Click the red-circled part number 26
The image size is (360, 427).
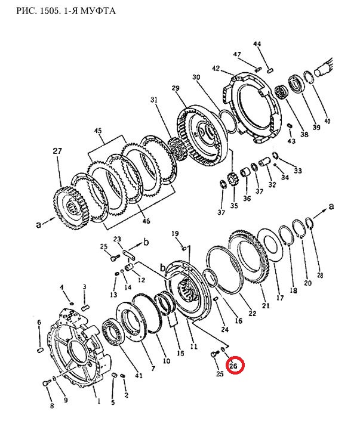233,366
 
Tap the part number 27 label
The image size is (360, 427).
57,151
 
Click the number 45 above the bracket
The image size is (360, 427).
98,131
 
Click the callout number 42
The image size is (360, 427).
216,68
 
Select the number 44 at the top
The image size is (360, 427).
257,44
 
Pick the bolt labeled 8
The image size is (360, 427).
46,383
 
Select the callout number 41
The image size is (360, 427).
139,375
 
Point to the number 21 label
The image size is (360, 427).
266,305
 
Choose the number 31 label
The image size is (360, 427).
154,100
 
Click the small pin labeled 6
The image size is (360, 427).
40,349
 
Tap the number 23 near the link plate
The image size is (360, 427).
117,239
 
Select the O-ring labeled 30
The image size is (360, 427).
228,122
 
